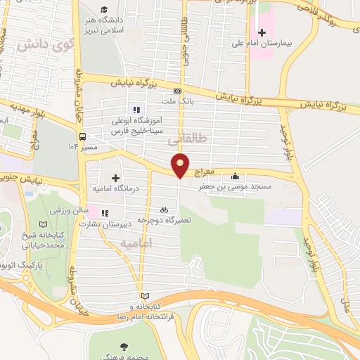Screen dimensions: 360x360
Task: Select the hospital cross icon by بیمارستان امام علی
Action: pyautogui.click(x=262, y=32)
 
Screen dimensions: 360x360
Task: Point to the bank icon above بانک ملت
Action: pyautogui.click(x=177, y=91)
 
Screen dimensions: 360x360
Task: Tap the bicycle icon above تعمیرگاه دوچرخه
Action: pyautogui.click(x=164, y=209)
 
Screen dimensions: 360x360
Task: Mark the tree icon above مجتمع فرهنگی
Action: pyautogui.click(x=124, y=347)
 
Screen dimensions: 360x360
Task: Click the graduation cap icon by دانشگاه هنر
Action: pyautogui.click(x=104, y=9)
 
